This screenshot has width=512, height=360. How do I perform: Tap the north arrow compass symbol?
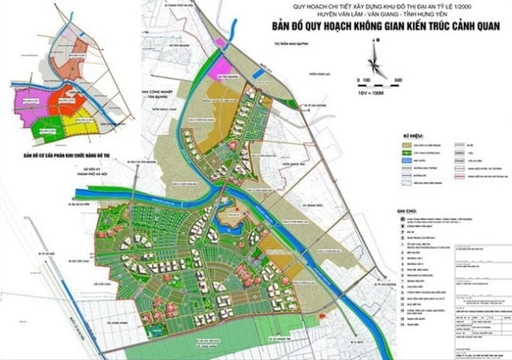(376, 60)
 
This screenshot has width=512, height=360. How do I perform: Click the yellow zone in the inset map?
(80, 125)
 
